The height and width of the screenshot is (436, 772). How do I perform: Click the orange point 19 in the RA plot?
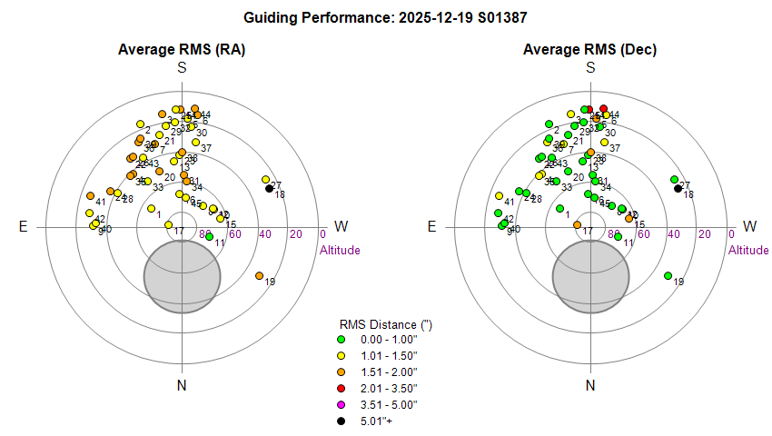click(259, 275)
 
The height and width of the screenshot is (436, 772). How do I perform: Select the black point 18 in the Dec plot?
click(678, 188)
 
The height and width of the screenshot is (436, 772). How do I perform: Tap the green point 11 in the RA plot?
click(209, 236)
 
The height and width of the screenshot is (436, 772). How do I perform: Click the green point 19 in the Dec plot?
click(668, 275)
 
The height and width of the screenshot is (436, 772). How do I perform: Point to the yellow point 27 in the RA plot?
click(265, 180)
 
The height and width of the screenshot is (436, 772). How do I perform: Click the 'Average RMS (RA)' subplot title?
click(182, 49)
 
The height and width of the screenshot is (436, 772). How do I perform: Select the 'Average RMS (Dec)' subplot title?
click(590, 49)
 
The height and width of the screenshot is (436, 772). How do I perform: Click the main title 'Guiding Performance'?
click(386, 17)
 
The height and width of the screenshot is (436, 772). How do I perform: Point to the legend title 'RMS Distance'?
click(379, 324)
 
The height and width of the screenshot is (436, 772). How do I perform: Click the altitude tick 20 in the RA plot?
click(295, 234)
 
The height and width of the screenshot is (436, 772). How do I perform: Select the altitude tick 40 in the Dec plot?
click(674, 234)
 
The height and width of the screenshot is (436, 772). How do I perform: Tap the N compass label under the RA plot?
click(182, 386)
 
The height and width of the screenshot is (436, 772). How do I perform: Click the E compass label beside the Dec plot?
click(432, 227)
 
